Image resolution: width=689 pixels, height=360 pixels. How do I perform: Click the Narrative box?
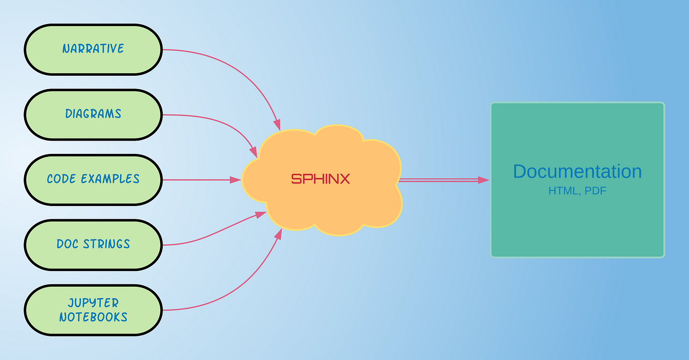point(93,49)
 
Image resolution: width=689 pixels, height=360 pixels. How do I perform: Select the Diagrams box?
point(93,114)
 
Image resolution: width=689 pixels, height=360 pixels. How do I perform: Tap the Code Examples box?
point(93,179)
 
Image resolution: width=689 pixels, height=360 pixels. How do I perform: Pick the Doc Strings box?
point(93,244)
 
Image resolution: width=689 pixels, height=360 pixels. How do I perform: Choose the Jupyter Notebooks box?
point(93,310)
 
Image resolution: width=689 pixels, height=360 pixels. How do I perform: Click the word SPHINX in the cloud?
point(320,179)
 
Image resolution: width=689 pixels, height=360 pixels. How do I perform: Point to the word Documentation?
point(577,172)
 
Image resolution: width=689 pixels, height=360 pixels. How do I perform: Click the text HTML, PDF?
point(577,191)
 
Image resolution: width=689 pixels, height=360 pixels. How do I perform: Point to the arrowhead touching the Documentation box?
point(484,180)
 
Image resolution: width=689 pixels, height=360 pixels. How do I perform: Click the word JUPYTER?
point(93,303)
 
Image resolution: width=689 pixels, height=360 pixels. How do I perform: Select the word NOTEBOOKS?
point(93,317)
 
